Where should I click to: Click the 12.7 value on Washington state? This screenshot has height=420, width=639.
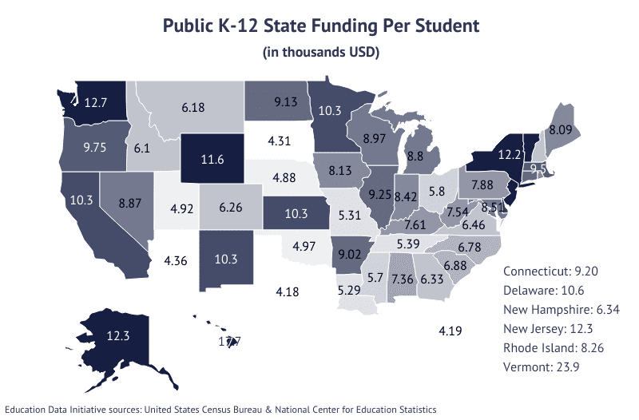pos(95,102)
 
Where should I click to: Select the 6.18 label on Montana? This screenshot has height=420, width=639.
pos(193,106)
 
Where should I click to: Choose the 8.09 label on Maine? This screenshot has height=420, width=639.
pos(560,127)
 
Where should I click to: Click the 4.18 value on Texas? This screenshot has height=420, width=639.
pos(287,291)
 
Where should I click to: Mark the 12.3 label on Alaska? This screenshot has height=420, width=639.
pos(118,336)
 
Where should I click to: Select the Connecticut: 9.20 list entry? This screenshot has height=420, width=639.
pos(550,271)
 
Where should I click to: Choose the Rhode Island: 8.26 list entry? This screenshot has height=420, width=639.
pos(550,347)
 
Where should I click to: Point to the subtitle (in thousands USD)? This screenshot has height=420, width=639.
pos(319,53)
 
